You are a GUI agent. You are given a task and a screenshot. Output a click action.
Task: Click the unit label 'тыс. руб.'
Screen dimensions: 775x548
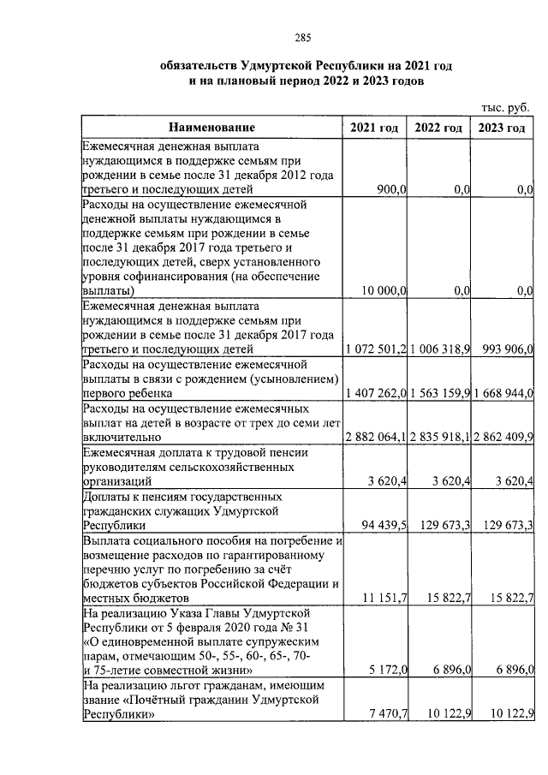point(505,107)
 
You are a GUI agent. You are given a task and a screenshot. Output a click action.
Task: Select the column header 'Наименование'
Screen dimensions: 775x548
point(211,128)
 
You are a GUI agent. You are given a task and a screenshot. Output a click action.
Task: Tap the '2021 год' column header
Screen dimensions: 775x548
point(374,128)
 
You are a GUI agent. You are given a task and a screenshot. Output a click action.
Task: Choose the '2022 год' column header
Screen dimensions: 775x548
point(439,128)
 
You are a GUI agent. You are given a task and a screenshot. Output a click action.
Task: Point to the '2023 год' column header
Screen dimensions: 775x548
point(503,128)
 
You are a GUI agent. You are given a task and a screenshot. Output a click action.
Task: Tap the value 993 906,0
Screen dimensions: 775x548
point(505,349)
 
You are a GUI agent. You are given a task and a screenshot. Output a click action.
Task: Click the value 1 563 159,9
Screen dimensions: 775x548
point(439,392)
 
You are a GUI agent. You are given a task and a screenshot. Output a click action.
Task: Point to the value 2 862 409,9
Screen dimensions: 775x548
point(503,436)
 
